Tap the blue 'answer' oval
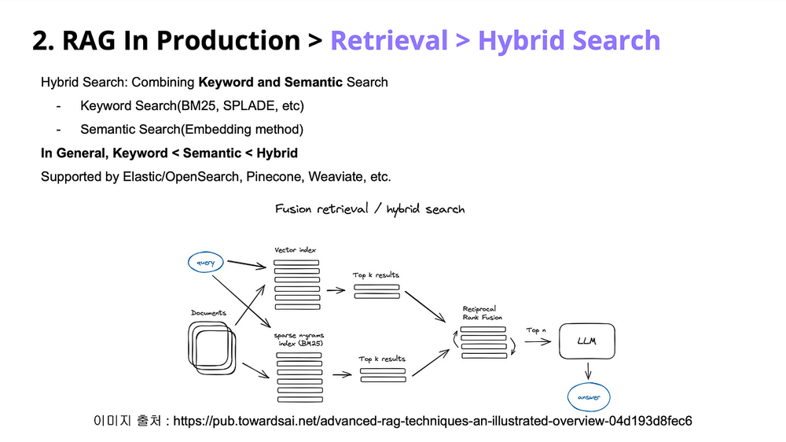coord(589,397)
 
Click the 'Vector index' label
coord(296,250)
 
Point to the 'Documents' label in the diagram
coord(208,313)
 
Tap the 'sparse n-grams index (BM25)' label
coord(298,339)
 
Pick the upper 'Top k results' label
coord(376,275)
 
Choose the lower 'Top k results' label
coord(382,359)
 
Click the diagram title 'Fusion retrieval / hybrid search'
coord(369,209)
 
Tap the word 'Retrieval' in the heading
coord(390,40)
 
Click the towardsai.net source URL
coord(432,421)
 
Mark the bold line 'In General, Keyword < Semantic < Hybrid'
coord(169,153)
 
